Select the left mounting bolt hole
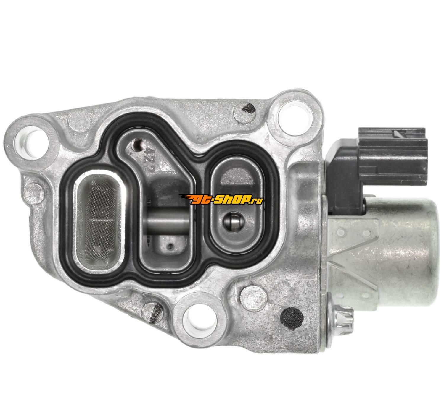[31, 140]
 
